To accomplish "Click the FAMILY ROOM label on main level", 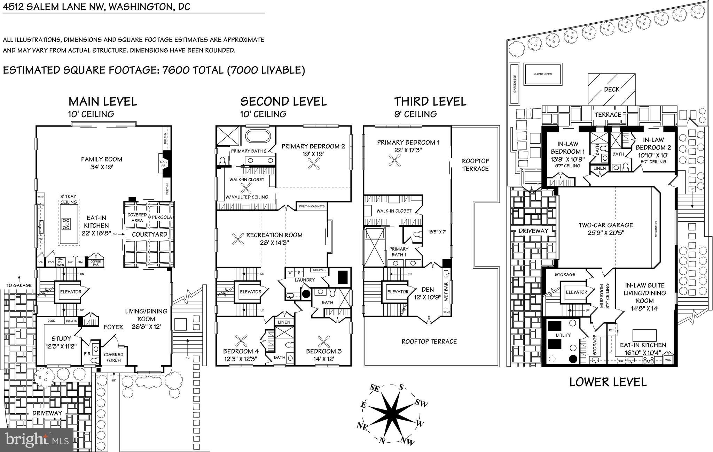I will pos(101,159).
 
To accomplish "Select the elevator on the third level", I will pos(398,292).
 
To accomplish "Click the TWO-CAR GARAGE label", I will pos(606,225).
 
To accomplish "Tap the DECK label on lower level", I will pos(611,89).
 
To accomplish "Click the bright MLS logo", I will pos(37,440).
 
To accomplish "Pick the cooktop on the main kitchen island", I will pos(66,223).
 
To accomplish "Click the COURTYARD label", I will pos(149,234).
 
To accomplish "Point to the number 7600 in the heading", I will pos(176,70).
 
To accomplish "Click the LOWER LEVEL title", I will pos(608,382).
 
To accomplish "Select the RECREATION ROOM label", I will pos(274,235).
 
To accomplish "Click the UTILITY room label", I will pos(563,335).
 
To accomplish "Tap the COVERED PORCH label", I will pos(113,357).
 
